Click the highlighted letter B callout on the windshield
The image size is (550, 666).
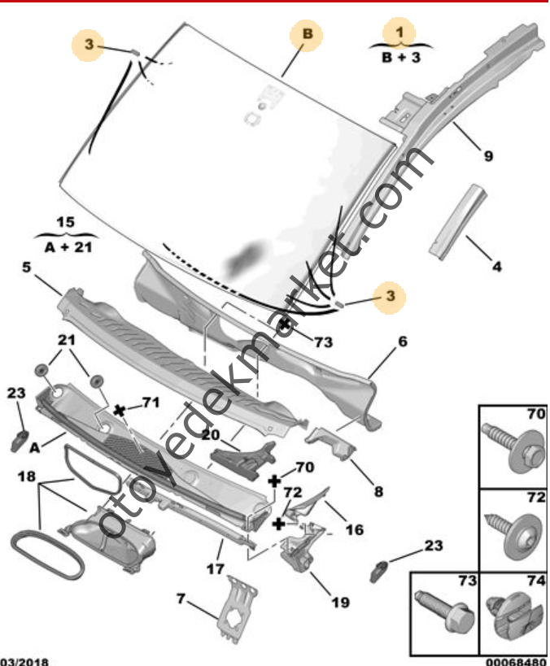(x=308, y=34)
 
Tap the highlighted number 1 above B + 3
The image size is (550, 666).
(x=399, y=31)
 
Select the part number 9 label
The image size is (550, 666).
(x=487, y=156)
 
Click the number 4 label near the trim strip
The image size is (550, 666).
(x=496, y=266)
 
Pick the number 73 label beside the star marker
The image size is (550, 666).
(x=323, y=343)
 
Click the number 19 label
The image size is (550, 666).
(x=340, y=603)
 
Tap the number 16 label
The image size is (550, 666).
(x=354, y=530)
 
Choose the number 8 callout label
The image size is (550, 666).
(x=355, y=491)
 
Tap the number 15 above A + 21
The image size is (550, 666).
(x=65, y=222)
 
